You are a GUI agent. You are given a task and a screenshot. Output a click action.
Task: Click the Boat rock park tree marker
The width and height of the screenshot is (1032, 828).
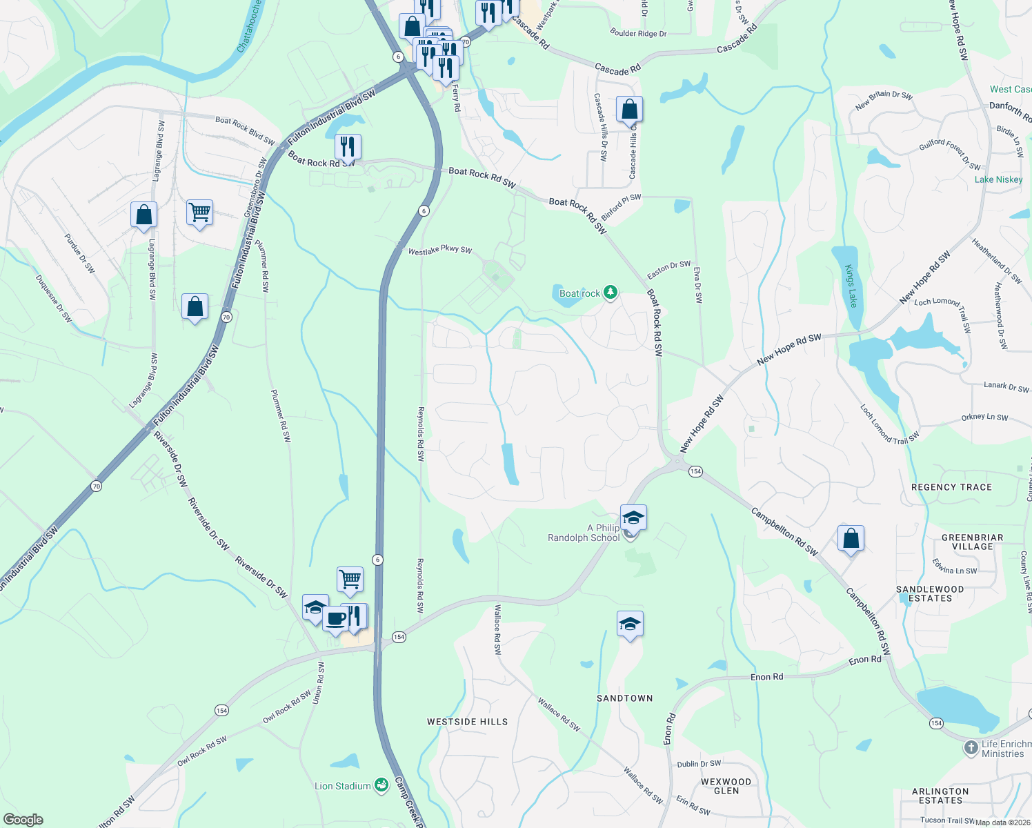click(610, 293)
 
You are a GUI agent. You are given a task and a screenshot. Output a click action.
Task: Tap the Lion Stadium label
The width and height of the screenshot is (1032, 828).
click(343, 786)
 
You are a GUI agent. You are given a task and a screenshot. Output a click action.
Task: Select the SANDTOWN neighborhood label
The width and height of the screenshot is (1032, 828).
click(624, 698)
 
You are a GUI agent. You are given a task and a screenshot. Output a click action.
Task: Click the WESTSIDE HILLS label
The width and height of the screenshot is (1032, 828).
click(467, 722)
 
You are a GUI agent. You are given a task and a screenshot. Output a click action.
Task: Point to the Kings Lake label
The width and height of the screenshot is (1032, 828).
click(851, 286)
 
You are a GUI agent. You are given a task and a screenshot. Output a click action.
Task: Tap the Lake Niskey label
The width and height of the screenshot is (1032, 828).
click(998, 179)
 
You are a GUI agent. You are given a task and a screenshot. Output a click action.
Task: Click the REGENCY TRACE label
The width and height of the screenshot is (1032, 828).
click(951, 487)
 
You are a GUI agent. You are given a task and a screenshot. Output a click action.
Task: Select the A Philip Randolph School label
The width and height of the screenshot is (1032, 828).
click(584, 533)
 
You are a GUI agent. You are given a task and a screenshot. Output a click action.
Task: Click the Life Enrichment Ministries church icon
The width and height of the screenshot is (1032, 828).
click(971, 747)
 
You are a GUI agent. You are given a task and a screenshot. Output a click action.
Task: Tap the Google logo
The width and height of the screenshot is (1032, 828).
click(23, 820)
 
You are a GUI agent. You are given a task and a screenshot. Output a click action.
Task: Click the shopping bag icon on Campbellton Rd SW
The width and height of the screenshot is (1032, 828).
click(851, 538)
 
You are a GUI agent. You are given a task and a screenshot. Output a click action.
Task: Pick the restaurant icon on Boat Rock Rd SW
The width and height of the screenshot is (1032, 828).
click(348, 146)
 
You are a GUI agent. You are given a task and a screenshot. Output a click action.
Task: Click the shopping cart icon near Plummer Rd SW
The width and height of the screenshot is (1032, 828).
click(199, 213)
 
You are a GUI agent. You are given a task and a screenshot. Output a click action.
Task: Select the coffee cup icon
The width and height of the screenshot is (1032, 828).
click(335, 618)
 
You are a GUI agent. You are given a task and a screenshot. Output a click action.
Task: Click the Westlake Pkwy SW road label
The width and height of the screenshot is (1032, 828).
click(439, 250)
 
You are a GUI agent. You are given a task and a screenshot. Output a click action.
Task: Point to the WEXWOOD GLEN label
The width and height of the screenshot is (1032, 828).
click(726, 786)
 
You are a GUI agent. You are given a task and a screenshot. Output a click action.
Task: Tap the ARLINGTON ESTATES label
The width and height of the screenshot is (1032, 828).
click(940, 796)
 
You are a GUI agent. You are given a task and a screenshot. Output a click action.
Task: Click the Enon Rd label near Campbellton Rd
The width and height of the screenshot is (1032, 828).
click(864, 660)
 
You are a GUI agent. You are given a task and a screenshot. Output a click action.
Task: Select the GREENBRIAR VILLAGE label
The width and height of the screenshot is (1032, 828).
click(972, 542)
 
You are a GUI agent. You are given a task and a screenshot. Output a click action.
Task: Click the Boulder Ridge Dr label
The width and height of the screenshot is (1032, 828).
click(638, 33)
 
